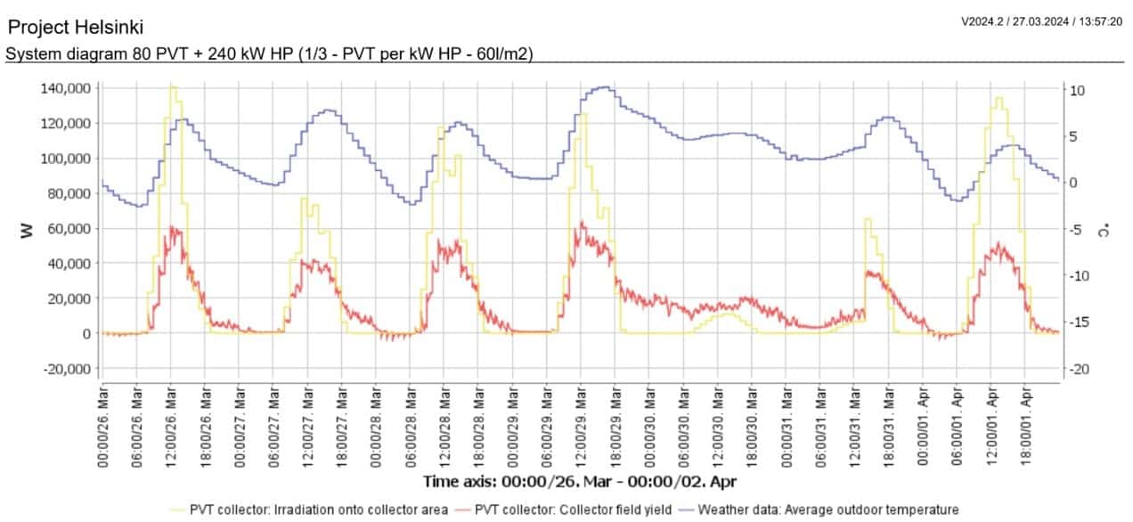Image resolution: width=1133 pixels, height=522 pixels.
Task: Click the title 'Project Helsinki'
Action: point(75,28)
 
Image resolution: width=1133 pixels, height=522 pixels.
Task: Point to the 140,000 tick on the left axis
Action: point(65,88)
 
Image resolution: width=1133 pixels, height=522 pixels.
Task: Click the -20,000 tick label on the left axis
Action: point(67,369)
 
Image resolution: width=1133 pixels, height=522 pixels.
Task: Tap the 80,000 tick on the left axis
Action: point(69,193)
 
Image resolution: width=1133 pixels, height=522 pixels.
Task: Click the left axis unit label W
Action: point(27,231)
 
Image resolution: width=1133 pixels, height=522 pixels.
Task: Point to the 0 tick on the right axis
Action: point(1073,184)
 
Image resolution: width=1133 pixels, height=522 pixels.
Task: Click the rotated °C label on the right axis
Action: point(1104,230)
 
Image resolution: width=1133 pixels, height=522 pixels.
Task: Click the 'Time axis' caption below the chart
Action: point(580,481)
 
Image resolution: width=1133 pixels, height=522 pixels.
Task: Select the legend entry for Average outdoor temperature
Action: point(827,510)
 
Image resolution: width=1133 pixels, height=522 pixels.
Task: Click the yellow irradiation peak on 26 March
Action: point(172,86)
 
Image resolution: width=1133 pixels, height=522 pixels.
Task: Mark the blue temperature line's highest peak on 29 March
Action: point(606,87)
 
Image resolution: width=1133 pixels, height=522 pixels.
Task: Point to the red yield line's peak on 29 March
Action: point(582,223)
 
